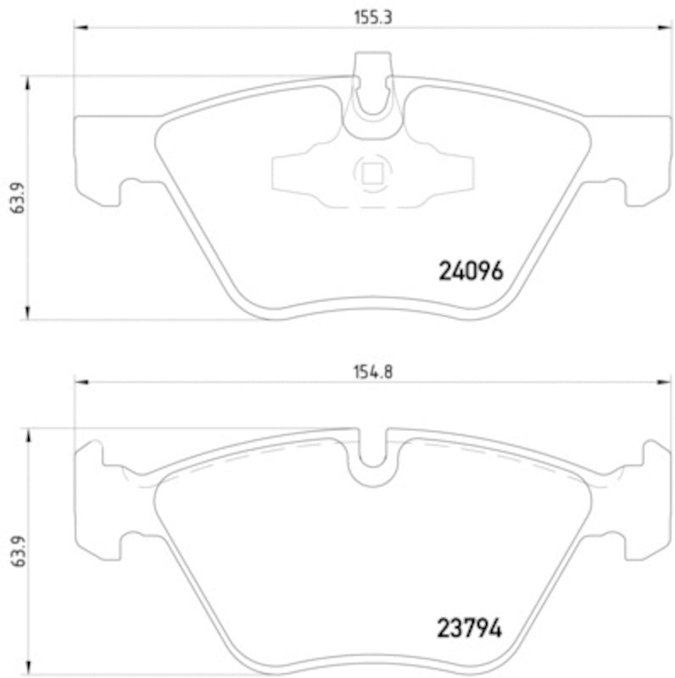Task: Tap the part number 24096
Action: tap(471, 271)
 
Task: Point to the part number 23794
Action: tap(470, 629)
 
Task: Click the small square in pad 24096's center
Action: tap(371, 174)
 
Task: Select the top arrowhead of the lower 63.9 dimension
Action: tap(29, 434)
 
